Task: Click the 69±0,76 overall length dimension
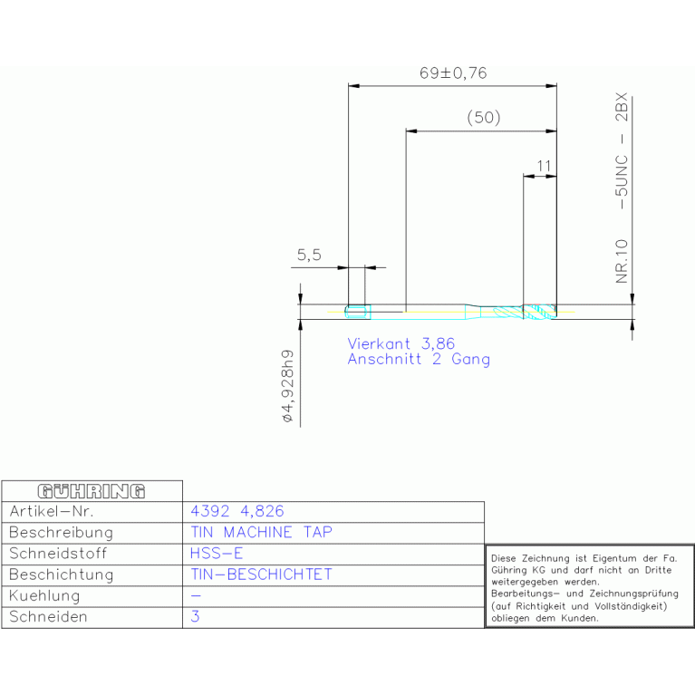pyautogui.click(x=453, y=72)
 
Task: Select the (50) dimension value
pyautogui.click(x=484, y=118)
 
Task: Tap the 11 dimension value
pyautogui.click(x=544, y=166)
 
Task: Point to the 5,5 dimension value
pyautogui.click(x=309, y=255)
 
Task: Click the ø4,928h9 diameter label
pyautogui.click(x=287, y=386)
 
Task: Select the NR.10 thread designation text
pyautogui.click(x=622, y=261)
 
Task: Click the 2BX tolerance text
pyautogui.click(x=622, y=107)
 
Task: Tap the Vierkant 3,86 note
pyautogui.click(x=401, y=343)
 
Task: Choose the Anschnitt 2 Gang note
pyautogui.click(x=419, y=359)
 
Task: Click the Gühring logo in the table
pyautogui.click(x=92, y=491)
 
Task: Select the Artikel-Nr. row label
pyautogui.click(x=52, y=511)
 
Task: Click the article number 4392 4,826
pyautogui.click(x=237, y=511)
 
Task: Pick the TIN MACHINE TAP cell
pyautogui.click(x=261, y=532)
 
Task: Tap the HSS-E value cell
pyautogui.click(x=217, y=553)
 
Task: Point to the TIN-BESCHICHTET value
pyautogui.click(x=261, y=574)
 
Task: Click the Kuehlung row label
pyautogui.click(x=44, y=595)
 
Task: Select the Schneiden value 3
pyautogui.click(x=195, y=616)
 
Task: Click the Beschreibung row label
pyautogui.click(x=61, y=532)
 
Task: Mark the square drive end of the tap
pyautogui.click(x=357, y=312)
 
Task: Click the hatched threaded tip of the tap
pyautogui.click(x=539, y=312)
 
